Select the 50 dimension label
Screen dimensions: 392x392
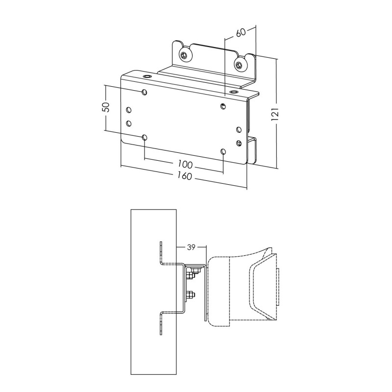coord(105,108)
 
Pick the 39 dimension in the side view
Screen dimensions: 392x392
coord(192,247)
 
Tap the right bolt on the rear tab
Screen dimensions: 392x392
coord(239,64)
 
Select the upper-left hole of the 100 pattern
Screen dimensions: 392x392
coord(144,92)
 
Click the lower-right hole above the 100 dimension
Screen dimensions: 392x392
coord(223,152)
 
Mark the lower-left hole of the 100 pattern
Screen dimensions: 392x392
coord(144,138)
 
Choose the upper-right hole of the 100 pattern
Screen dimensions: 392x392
coord(223,106)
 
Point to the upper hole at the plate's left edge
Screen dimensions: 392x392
coord(128,110)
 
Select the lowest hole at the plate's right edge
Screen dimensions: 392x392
coord(239,143)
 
